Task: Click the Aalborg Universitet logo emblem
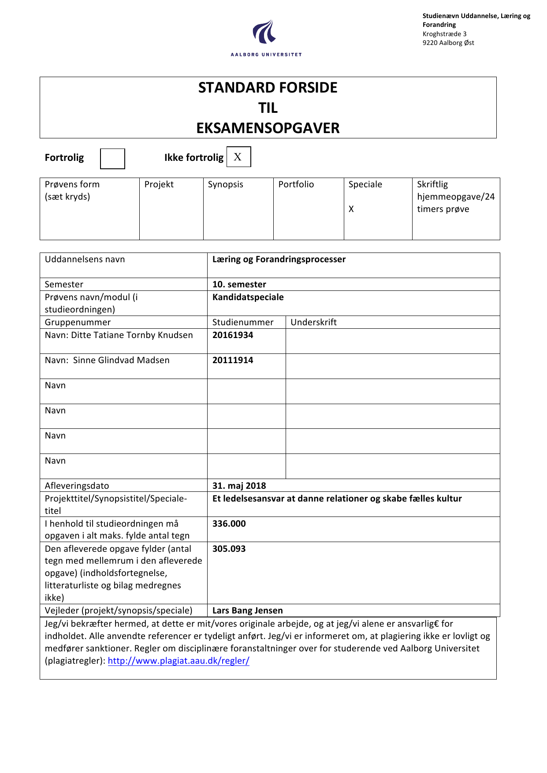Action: (x=264, y=32)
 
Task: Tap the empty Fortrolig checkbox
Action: (x=112, y=159)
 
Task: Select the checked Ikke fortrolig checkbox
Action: (x=238, y=157)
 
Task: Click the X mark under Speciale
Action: (x=351, y=209)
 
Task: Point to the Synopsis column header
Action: (x=225, y=184)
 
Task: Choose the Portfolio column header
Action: (x=296, y=184)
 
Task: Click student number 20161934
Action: (x=233, y=335)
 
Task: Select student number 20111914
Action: (x=233, y=360)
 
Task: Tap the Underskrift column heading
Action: (x=313, y=322)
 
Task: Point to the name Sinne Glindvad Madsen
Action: (x=121, y=360)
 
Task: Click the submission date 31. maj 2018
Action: (x=239, y=486)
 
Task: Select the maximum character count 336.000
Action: (x=229, y=524)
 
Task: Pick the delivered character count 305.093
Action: (x=229, y=549)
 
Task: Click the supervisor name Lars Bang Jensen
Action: (x=247, y=610)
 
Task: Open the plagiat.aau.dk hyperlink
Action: (x=179, y=661)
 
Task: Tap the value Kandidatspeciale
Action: (x=248, y=297)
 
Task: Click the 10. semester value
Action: (x=239, y=284)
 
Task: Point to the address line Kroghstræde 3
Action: (x=444, y=34)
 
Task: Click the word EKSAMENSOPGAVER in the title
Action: (x=268, y=128)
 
